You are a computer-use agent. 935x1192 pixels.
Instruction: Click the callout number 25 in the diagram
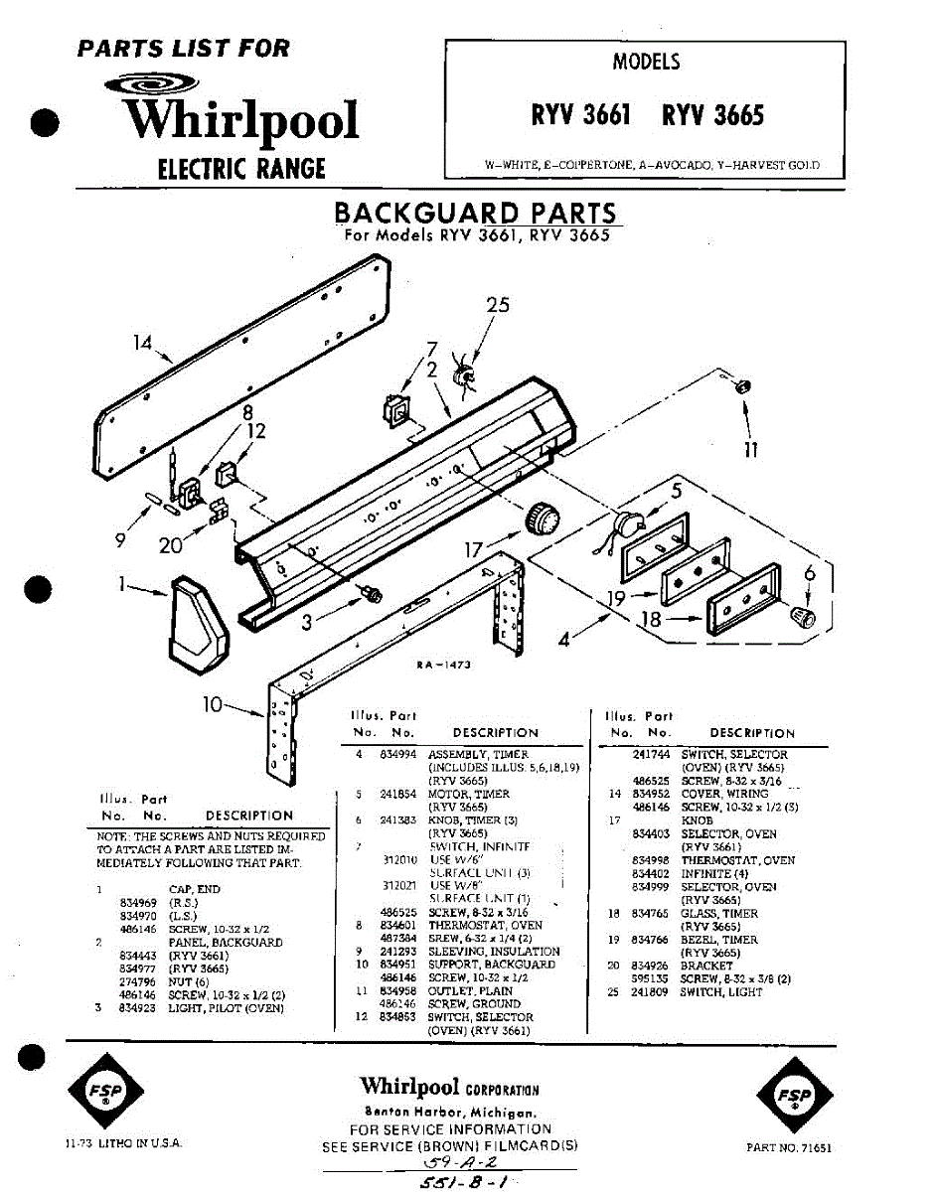498,305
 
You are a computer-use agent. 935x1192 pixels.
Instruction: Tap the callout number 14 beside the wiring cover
143,344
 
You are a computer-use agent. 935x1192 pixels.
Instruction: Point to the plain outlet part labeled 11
742,385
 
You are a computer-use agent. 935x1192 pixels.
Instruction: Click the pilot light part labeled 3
375,594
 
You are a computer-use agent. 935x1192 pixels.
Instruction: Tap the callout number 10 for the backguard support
213,704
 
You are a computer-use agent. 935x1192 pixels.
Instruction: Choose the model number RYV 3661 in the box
581,116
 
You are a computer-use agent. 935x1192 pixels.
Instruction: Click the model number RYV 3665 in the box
712,116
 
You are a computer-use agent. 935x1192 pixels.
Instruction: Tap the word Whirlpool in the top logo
241,120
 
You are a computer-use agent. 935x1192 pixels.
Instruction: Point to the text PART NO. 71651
788,1147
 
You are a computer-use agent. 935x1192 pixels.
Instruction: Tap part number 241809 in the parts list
650,991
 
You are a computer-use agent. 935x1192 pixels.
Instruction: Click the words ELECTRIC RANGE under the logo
241,168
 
